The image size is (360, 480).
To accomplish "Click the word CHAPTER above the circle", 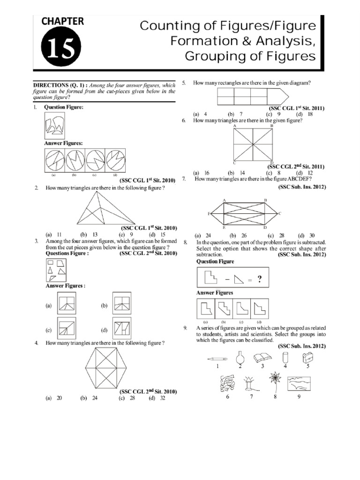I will pos(63,21).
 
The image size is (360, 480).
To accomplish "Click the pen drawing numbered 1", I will pos(217,358).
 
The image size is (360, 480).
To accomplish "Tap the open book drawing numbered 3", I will pos(262,358).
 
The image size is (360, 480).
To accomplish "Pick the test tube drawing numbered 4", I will pos(285,357).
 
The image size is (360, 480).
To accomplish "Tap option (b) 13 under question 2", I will pos(89,234).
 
